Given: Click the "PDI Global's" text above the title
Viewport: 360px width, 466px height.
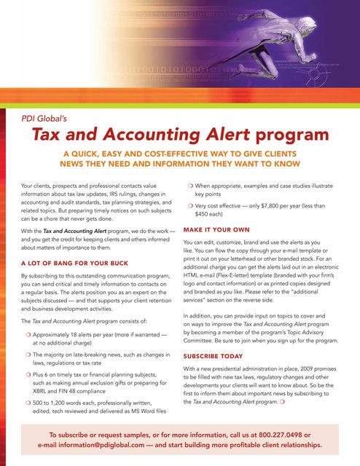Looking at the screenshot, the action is point(47,114).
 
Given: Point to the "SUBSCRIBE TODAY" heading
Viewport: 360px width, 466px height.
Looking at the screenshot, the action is point(216,357).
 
